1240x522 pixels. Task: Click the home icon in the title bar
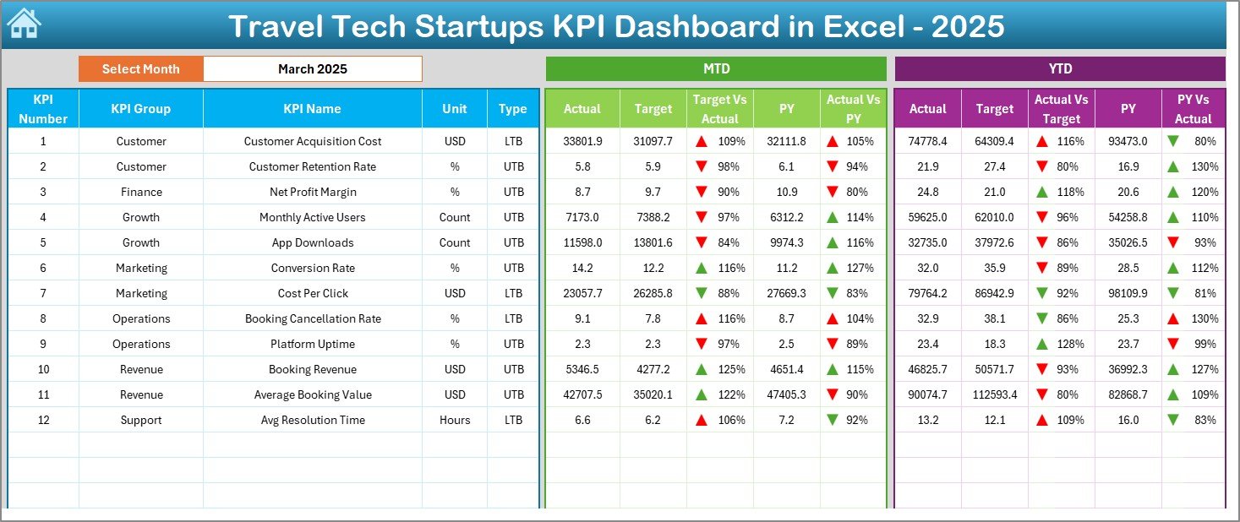point(24,24)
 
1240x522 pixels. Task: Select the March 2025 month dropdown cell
point(312,69)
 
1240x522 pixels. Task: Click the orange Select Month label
point(140,69)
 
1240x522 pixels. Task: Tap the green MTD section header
point(716,69)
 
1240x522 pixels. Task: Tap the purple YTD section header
point(1059,69)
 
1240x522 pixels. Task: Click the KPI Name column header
point(312,109)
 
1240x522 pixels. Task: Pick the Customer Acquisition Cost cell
point(312,141)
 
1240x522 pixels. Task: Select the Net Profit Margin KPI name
point(312,192)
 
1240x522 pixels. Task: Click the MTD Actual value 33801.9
point(582,141)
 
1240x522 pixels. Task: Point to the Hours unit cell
point(455,420)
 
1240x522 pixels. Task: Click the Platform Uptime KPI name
point(312,344)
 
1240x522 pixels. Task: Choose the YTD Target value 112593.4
point(994,394)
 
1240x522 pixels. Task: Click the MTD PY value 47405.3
point(787,394)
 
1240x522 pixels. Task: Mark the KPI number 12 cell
point(43,420)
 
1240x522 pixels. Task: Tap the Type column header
point(512,109)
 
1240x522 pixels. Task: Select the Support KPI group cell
point(140,420)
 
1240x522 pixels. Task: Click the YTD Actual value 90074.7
point(927,394)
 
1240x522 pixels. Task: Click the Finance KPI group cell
point(140,192)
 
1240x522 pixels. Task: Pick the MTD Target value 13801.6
point(653,242)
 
